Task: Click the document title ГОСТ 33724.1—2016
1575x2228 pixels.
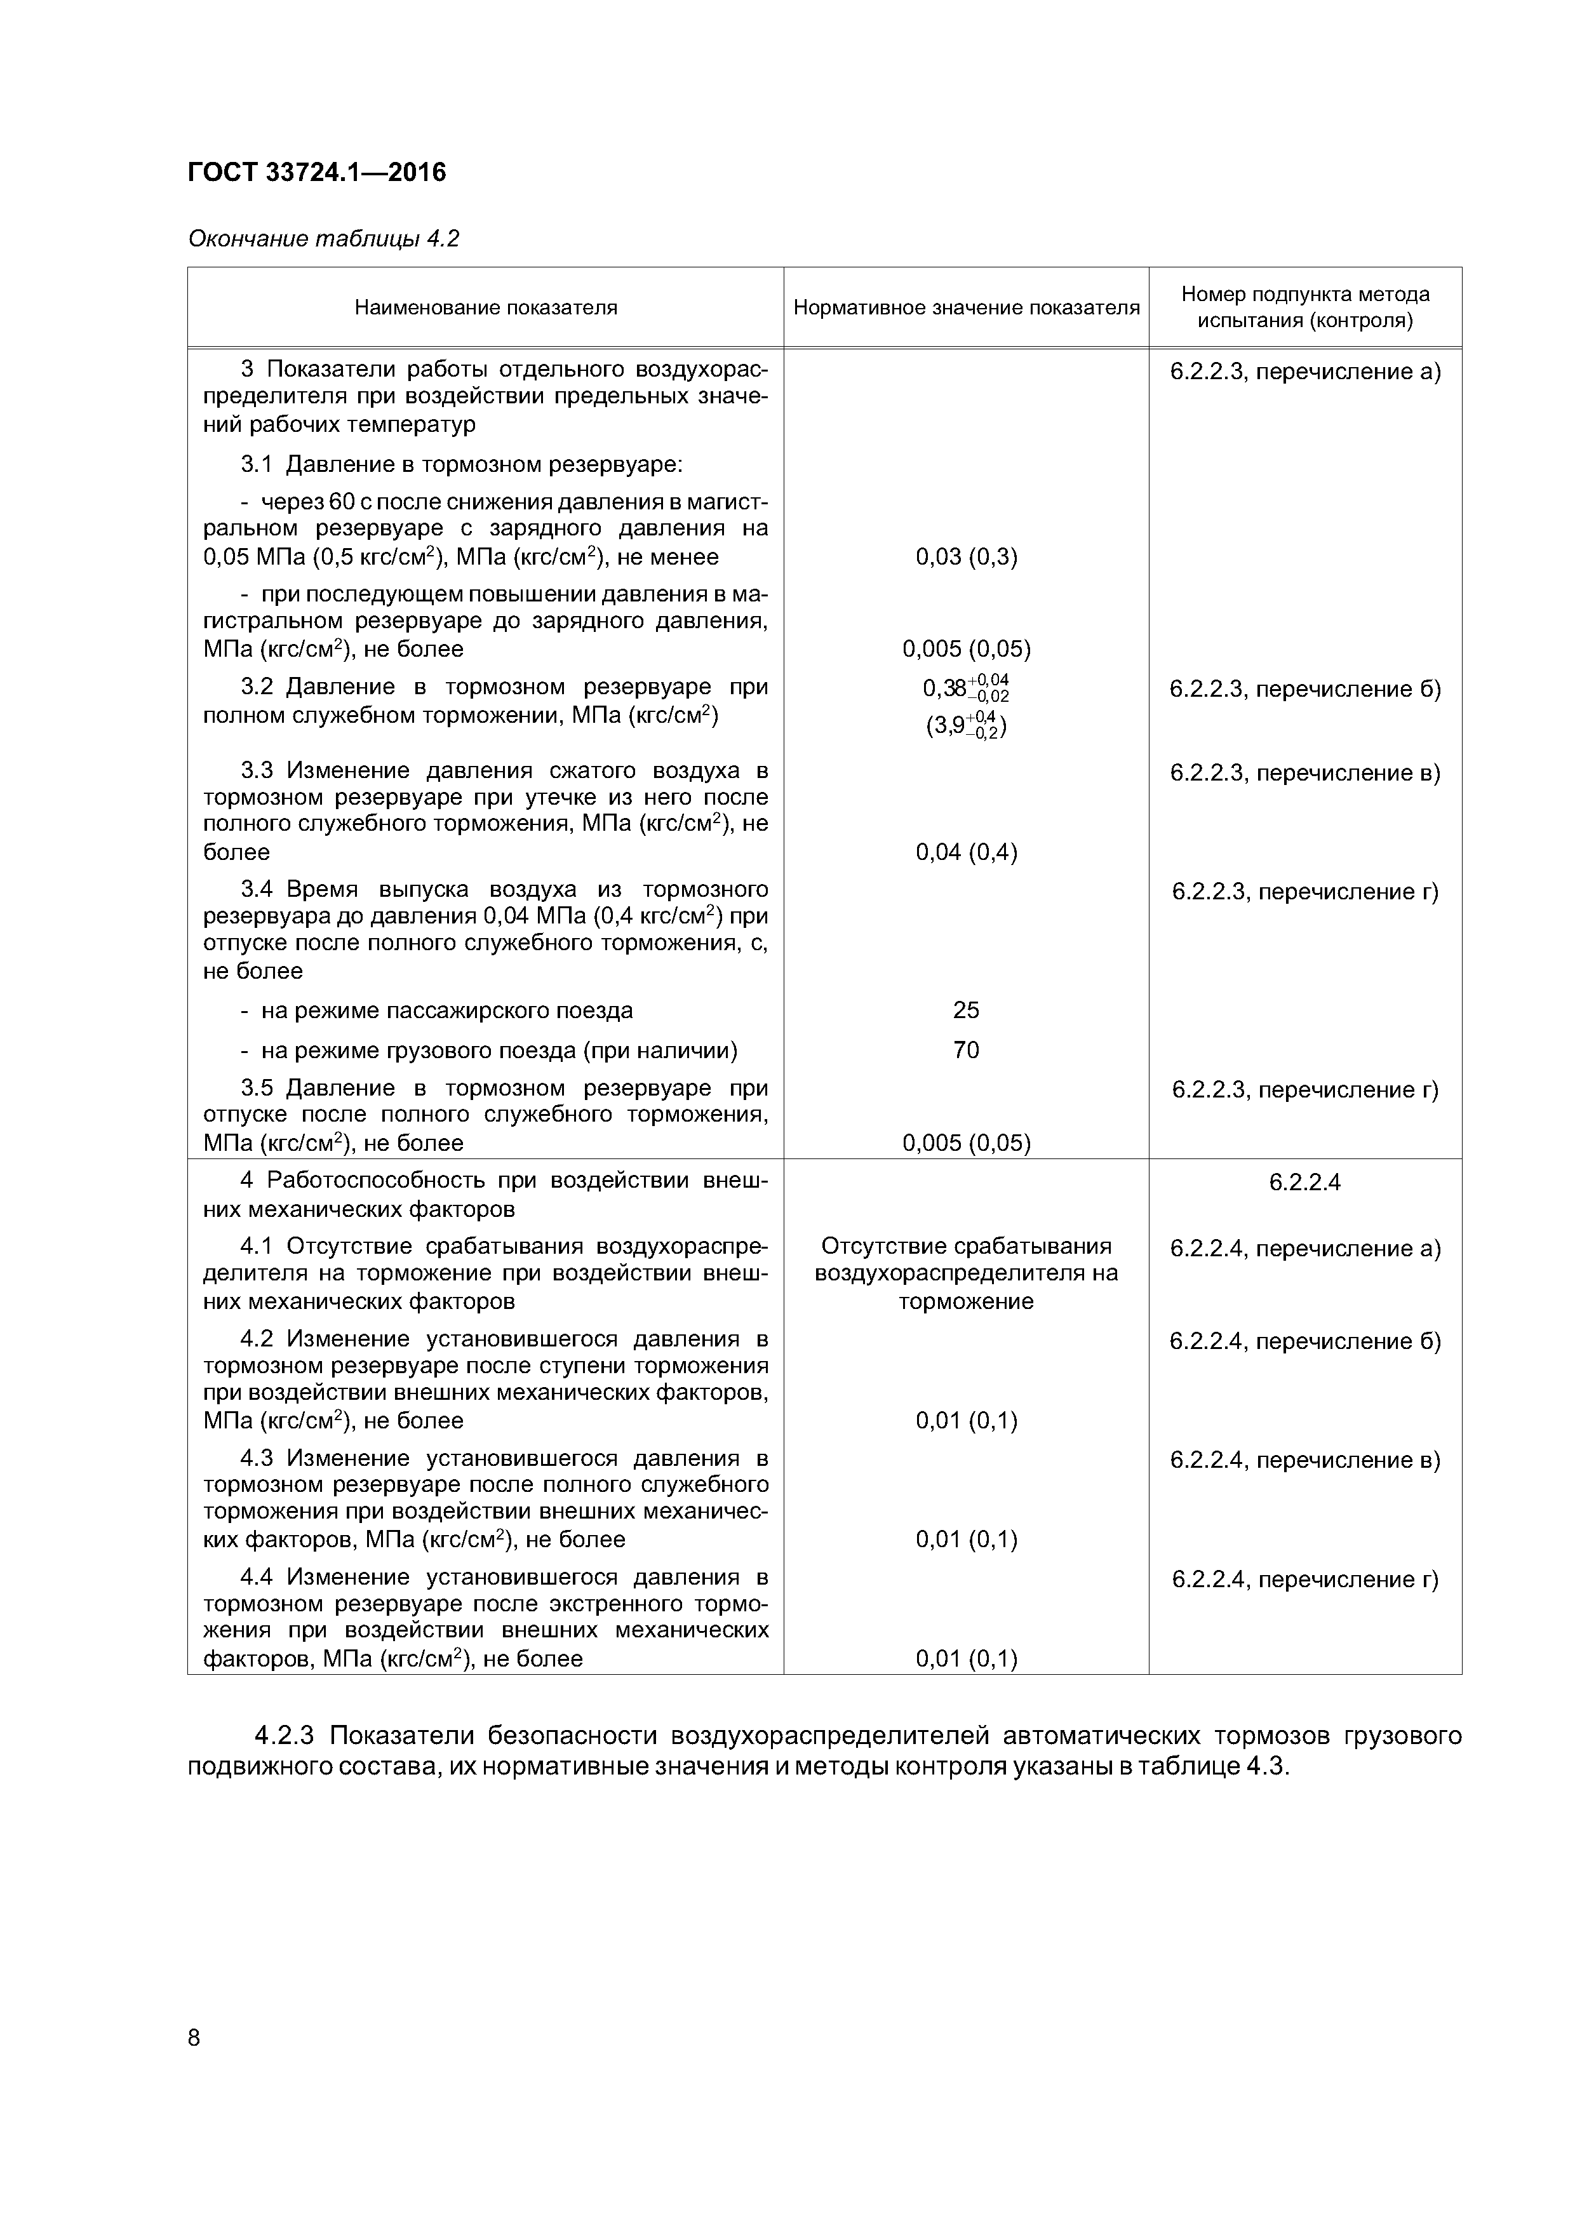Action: coord(316,173)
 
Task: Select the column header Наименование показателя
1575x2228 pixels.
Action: coord(485,307)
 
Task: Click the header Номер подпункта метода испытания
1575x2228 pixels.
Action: coord(1304,307)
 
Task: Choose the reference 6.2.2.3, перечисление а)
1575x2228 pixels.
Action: coord(1304,372)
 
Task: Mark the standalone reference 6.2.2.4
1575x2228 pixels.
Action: coord(1304,1182)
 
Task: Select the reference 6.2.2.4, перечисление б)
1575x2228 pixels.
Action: coord(1304,1341)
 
